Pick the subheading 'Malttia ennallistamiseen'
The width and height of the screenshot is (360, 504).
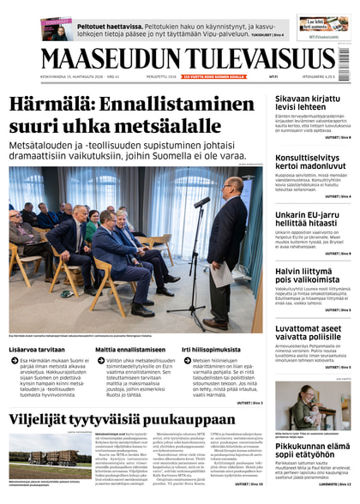[x=129, y=351]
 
